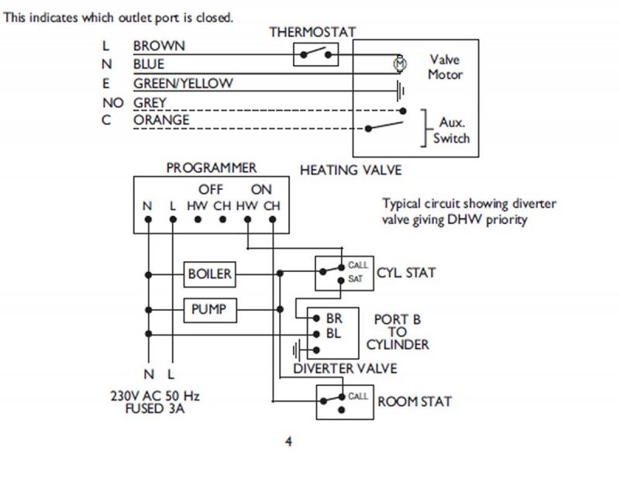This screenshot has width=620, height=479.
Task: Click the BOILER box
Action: [210, 274]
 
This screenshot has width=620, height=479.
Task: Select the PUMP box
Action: [209, 309]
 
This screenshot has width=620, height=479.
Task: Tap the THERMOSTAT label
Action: [312, 33]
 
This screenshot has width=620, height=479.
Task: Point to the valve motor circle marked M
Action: [400, 61]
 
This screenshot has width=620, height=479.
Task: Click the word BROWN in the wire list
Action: [159, 47]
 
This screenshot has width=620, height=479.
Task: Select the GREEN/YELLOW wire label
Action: [183, 84]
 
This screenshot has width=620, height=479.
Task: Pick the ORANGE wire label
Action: [161, 121]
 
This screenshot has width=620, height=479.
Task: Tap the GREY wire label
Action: [150, 102]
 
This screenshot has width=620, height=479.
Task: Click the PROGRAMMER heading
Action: [211, 168]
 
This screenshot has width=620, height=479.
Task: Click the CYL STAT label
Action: [406, 273]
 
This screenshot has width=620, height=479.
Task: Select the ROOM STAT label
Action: [415, 401]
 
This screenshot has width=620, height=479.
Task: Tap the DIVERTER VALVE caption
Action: [345, 369]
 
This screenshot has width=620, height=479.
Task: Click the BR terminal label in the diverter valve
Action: [334, 319]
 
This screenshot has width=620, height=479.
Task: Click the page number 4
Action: [289, 443]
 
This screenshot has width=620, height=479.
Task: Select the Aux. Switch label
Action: [450, 131]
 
